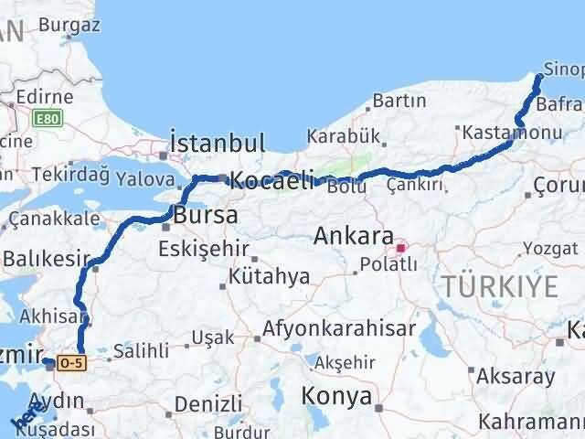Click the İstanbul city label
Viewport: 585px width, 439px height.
pos(218,144)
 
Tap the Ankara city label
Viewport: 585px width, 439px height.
pos(353,235)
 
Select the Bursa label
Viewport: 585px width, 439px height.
pos(205,216)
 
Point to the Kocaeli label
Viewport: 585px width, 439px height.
pos(271,180)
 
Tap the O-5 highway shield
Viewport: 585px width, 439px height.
pos(69,362)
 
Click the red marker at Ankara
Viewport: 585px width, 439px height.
pos(400,247)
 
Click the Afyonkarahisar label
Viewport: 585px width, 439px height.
pos(339,328)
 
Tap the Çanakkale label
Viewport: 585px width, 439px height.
pos(54,219)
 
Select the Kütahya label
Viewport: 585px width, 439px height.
pos(270,277)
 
